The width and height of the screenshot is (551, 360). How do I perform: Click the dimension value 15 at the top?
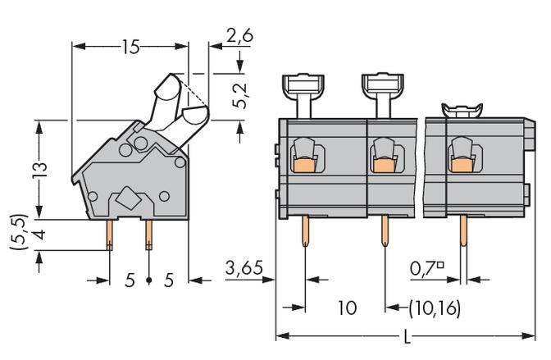pyautogui.click(x=130, y=47)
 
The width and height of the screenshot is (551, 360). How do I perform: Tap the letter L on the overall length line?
pyautogui.click(x=408, y=337)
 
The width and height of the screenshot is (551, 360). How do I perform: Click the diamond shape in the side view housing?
pyautogui.click(x=128, y=198)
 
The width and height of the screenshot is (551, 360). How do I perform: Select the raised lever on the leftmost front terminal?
pyautogui.click(x=303, y=93)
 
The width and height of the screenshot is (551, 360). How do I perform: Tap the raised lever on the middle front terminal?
pyautogui.click(x=380, y=92)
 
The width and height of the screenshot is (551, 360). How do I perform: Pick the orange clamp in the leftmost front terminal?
pyautogui.click(x=303, y=166)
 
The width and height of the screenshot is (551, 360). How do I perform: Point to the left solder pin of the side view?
pyautogui.click(x=109, y=235)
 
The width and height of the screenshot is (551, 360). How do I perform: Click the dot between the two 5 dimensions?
pyautogui.click(x=148, y=280)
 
